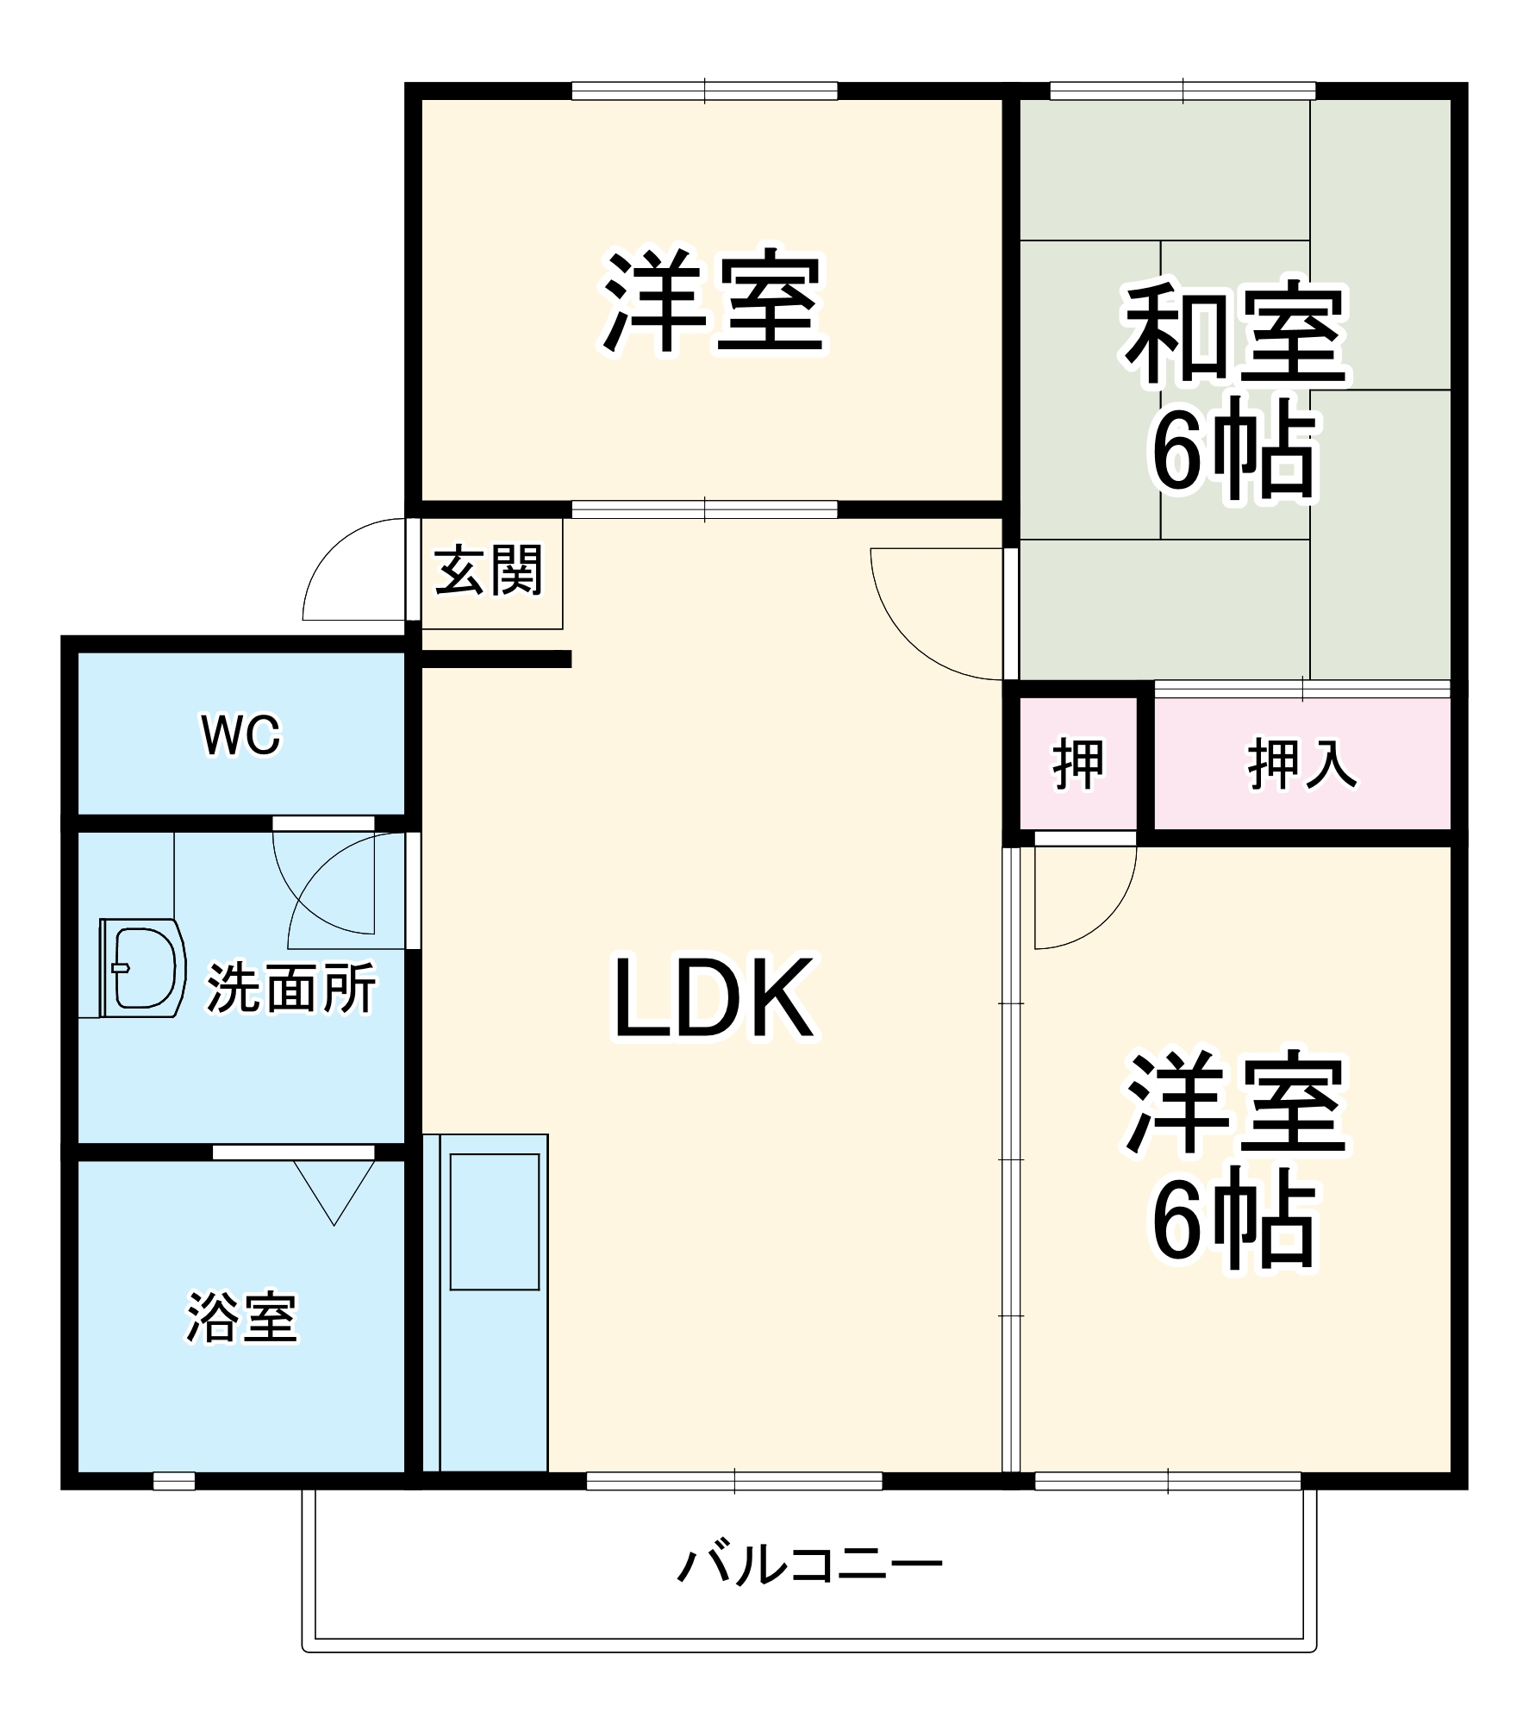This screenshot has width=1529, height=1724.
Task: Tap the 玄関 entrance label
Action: [489, 570]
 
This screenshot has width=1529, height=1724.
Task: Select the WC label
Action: [241, 735]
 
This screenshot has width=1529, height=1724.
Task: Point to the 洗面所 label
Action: [290, 989]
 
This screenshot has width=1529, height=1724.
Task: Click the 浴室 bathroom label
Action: [242, 1318]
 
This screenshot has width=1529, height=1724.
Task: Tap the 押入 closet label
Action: [1301, 764]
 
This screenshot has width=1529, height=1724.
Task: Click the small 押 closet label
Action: [1077, 764]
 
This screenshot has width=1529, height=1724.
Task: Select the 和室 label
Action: [1234, 337]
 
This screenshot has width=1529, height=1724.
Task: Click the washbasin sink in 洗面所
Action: [142, 968]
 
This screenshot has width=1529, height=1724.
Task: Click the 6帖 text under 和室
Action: [1234, 451]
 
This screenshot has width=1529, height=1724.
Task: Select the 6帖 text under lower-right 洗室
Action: [1234, 1221]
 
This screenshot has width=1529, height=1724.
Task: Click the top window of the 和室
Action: [1183, 91]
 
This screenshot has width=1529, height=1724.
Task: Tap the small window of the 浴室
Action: [174, 1481]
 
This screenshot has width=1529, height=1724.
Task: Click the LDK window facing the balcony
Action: [734, 1481]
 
